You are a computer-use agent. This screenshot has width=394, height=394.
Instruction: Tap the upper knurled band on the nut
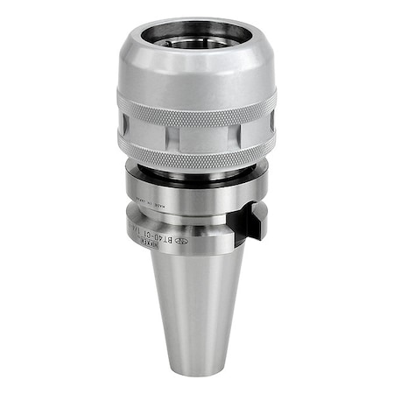[x=196, y=112]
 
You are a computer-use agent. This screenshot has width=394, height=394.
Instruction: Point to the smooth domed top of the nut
[x=196, y=74]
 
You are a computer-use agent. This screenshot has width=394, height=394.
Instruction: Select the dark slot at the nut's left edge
[x=122, y=133]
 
